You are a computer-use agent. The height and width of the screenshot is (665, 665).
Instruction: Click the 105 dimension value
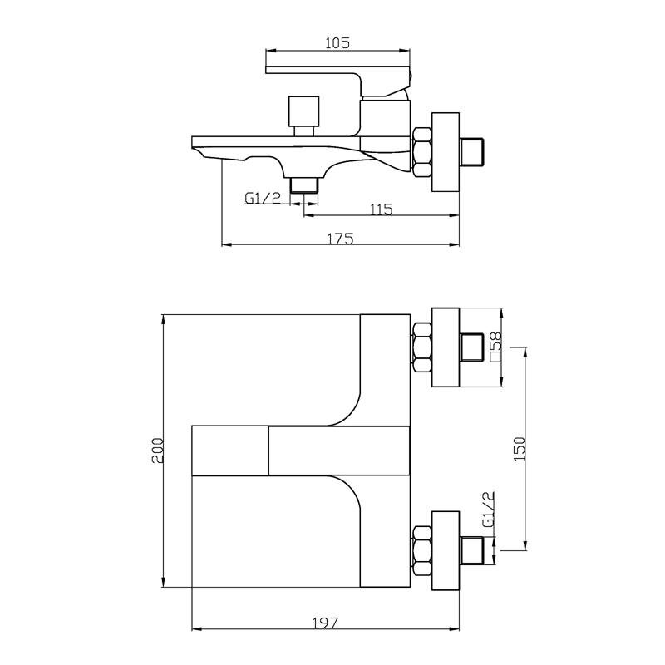pyautogui.click(x=337, y=43)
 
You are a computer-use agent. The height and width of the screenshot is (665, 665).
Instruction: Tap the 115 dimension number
pyautogui.click(x=382, y=209)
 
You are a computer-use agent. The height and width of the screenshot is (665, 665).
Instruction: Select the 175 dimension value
pyautogui.click(x=341, y=239)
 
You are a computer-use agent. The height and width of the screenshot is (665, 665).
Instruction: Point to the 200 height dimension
pyautogui.click(x=157, y=451)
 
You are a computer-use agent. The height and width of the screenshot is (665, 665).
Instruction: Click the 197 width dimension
pyautogui.click(x=326, y=623)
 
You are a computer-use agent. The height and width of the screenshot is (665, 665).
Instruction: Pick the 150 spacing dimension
pyautogui.click(x=520, y=449)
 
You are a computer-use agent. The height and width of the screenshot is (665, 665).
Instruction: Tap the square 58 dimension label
pyautogui.click(x=495, y=347)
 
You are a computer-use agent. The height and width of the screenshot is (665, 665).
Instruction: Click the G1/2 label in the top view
pyautogui.click(x=263, y=198)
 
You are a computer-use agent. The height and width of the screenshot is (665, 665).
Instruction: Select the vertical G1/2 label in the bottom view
pyautogui.click(x=489, y=509)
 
